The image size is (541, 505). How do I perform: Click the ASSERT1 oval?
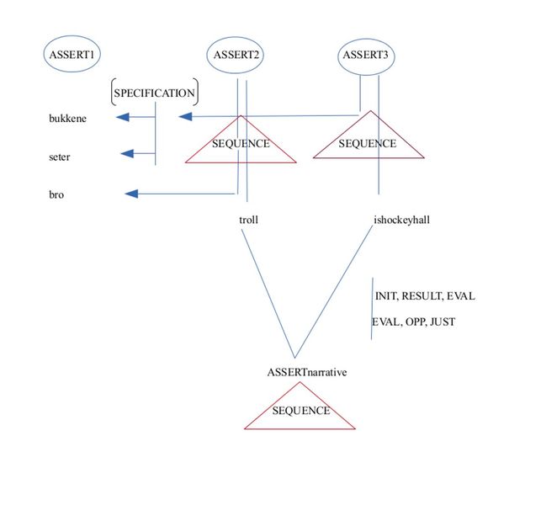(72, 55)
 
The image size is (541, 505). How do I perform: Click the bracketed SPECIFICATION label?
(154, 92)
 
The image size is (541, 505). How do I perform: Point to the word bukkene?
(67, 118)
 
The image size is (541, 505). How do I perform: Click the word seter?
(60, 157)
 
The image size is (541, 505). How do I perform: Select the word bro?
(56, 195)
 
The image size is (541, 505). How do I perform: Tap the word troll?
(248, 221)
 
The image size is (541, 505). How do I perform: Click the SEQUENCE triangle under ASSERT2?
(241, 143)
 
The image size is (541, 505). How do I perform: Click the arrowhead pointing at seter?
(129, 153)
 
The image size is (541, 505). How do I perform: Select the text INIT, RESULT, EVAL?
(425, 296)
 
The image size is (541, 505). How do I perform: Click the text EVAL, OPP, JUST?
(414, 322)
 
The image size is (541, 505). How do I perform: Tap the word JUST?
(442, 322)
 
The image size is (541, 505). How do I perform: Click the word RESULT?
(423, 296)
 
